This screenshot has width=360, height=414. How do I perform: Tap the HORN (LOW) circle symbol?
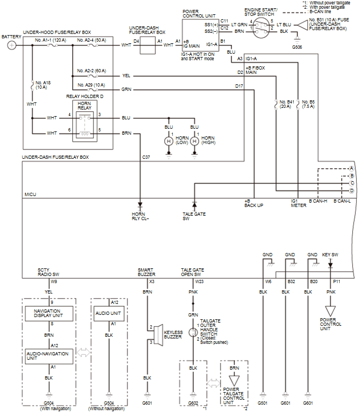(x=169, y=141)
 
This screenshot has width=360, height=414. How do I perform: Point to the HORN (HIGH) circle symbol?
(x=195, y=141)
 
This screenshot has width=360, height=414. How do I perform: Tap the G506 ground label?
(x=298, y=48)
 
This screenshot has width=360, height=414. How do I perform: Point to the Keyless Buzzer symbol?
(x=158, y=333)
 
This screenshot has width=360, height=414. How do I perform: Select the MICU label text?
(x=31, y=194)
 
